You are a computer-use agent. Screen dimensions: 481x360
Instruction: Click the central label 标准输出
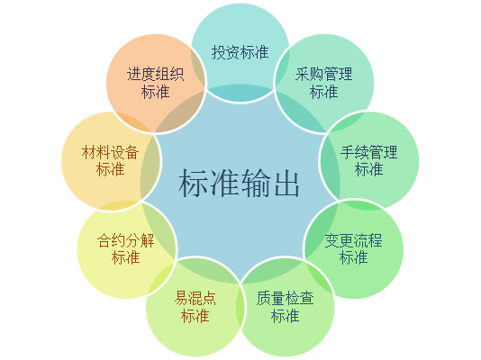[x=239, y=183]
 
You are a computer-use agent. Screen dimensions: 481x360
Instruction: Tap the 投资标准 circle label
[x=240, y=52]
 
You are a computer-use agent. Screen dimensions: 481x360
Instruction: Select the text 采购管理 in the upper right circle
[x=324, y=74]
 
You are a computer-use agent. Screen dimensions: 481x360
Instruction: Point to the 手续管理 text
[x=368, y=152]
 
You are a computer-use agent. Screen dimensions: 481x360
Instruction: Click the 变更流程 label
[x=354, y=240]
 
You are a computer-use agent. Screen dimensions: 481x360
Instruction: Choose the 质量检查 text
[x=286, y=299]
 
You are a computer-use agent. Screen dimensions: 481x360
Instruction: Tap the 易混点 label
[x=195, y=299]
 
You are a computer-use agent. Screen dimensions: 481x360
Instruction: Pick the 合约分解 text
[x=126, y=240]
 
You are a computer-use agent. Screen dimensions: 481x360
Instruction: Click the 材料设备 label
[x=111, y=152]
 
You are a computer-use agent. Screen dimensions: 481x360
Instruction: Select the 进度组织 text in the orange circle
[x=156, y=74]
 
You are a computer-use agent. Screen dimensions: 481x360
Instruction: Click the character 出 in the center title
[x=286, y=184]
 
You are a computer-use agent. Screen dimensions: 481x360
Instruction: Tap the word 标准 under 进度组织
[x=156, y=92]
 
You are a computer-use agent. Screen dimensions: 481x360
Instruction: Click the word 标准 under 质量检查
[x=286, y=316]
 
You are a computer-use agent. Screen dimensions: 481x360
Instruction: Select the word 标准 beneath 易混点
[x=195, y=316]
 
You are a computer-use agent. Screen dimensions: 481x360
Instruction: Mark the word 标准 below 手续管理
[x=368, y=169]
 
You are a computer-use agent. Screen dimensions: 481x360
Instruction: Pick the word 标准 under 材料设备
[x=111, y=169]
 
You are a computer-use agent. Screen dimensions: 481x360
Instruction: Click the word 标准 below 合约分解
[x=126, y=257]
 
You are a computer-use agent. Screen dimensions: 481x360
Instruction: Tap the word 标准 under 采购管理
[x=324, y=92]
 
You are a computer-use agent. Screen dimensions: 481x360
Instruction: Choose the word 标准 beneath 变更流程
[x=354, y=257]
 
